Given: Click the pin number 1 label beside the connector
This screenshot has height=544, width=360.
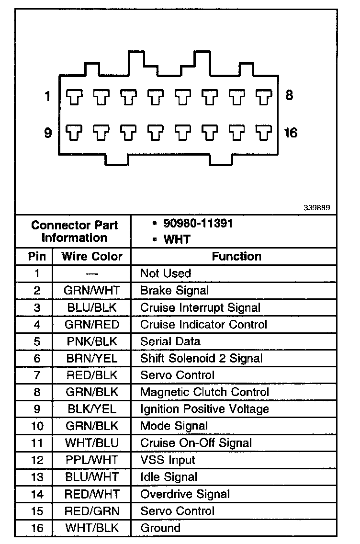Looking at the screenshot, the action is click(x=47, y=97).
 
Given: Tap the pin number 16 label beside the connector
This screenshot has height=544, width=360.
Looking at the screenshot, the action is click(x=290, y=132).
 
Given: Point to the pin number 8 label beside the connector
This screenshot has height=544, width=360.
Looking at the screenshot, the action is click(x=289, y=95).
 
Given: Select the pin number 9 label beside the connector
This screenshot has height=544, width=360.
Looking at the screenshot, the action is click(x=48, y=133).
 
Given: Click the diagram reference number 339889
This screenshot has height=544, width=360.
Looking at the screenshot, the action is click(x=316, y=208).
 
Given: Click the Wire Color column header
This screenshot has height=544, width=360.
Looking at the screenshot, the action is click(x=92, y=256).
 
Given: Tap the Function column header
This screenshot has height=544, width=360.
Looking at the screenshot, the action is click(x=236, y=256).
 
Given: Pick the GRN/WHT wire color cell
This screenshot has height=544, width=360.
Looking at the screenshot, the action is click(x=91, y=290).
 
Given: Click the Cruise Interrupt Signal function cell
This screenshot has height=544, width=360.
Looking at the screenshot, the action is click(x=200, y=307).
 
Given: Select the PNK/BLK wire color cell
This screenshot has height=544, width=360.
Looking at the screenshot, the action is click(x=91, y=341).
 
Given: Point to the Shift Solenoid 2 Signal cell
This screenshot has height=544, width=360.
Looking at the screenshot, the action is click(x=201, y=358).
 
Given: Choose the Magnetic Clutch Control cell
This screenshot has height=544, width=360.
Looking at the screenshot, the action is click(x=204, y=392).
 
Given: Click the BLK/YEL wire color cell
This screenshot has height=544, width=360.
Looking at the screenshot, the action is click(x=91, y=409).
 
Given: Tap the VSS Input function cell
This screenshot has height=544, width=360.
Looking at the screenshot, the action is click(x=168, y=460).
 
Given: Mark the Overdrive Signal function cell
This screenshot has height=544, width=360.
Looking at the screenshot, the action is click(x=185, y=494).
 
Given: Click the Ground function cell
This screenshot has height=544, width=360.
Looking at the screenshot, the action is click(x=160, y=528).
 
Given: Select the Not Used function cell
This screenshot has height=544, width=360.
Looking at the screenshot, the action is click(x=166, y=273).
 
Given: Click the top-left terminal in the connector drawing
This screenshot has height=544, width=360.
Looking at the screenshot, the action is click(x=74, y=97).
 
